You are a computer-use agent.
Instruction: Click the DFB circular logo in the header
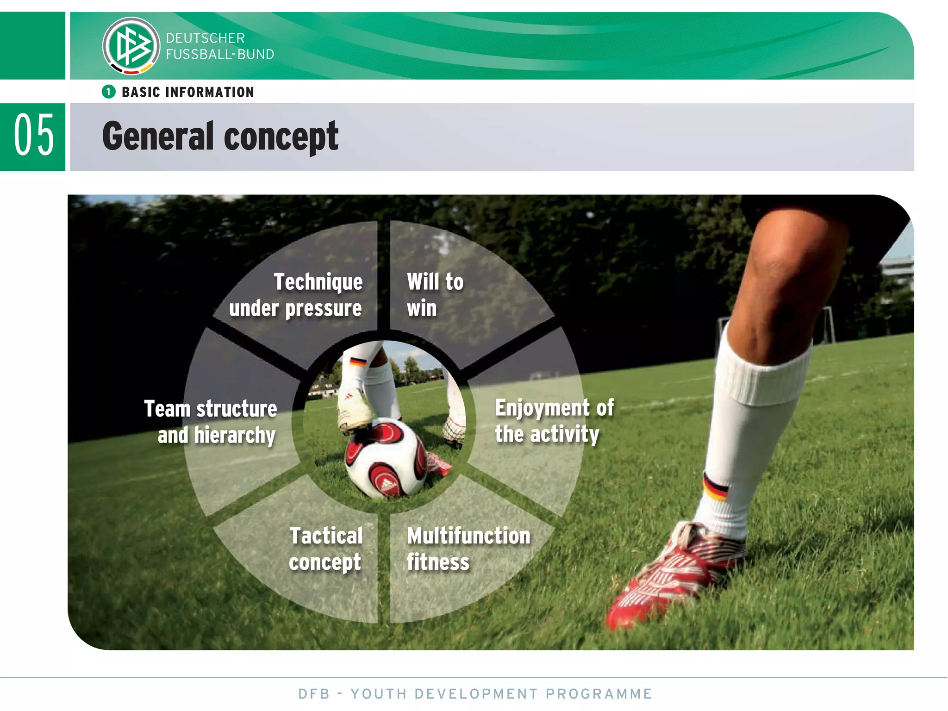click(x=131, y=46)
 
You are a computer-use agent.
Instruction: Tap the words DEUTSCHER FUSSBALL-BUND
click(x=219, y=46)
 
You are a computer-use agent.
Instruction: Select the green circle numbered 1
click(x=108, y=92)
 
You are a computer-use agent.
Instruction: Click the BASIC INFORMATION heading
click(x=187, y=92)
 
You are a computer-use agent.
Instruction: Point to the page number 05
click(x=33, y=136)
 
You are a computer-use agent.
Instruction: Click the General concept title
click(x=220, y=136)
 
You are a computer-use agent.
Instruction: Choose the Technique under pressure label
click(x=296, y=295)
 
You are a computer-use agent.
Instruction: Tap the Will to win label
click(x=434, y=294)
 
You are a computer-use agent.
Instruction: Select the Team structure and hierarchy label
click(x=211, y=422)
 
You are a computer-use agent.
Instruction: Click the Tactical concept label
click(x=325, y=549)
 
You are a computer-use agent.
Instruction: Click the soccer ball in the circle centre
click(x=387, y=458)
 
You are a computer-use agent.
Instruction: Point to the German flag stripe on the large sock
click(x=715, y=488)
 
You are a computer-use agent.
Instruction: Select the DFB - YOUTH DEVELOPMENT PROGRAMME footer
click(x=475, y=694)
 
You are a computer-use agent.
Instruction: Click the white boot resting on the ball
click(x=354, y=412)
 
